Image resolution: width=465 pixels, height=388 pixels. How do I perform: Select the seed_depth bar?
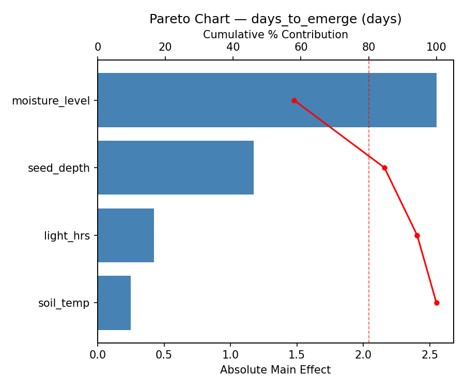coord(176,168)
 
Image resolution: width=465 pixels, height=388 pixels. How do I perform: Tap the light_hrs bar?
coord(126,235)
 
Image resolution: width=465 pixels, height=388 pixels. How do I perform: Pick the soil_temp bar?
coord(114,303)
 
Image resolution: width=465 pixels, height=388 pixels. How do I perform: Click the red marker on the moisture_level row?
coord(294,100)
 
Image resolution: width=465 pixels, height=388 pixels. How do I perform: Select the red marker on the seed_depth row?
coord(384,168)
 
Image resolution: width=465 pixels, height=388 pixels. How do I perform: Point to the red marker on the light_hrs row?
coord(417,235)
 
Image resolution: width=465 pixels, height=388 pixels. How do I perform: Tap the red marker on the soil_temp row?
coord(437,303)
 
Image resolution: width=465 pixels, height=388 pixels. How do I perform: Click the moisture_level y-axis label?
coord(51,100)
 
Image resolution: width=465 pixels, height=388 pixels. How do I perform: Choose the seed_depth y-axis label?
coord(59,168)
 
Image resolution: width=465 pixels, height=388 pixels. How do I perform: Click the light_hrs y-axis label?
coord(67,236)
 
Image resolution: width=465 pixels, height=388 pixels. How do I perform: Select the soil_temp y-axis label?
coord(64,303)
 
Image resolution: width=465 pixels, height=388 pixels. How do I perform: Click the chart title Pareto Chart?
coord(275,19)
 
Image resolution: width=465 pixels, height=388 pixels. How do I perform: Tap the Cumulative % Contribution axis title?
coord(275,35)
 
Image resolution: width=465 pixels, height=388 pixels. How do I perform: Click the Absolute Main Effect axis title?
coord(275,370)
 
